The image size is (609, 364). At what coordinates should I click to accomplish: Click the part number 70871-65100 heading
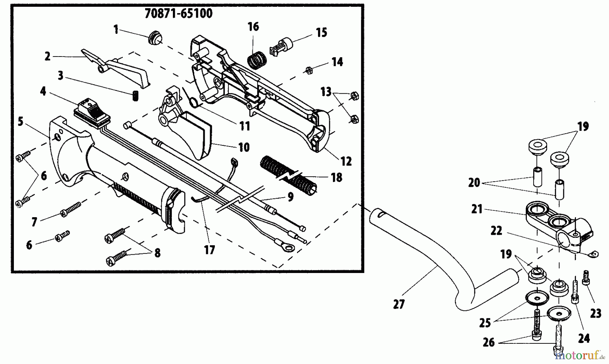[179, 14]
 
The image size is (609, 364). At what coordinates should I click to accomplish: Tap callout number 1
[116, 30]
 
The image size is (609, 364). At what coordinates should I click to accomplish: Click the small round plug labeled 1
[155, 37]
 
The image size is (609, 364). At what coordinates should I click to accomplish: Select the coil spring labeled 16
[258, 60]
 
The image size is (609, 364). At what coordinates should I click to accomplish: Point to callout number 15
[321, 32]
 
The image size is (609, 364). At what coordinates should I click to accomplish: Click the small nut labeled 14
[309, 70]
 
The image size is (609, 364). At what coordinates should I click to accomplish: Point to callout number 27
[399, 304]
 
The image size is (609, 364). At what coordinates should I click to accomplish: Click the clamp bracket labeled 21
[555, 223]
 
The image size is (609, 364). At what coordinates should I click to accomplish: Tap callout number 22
[497, 231]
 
